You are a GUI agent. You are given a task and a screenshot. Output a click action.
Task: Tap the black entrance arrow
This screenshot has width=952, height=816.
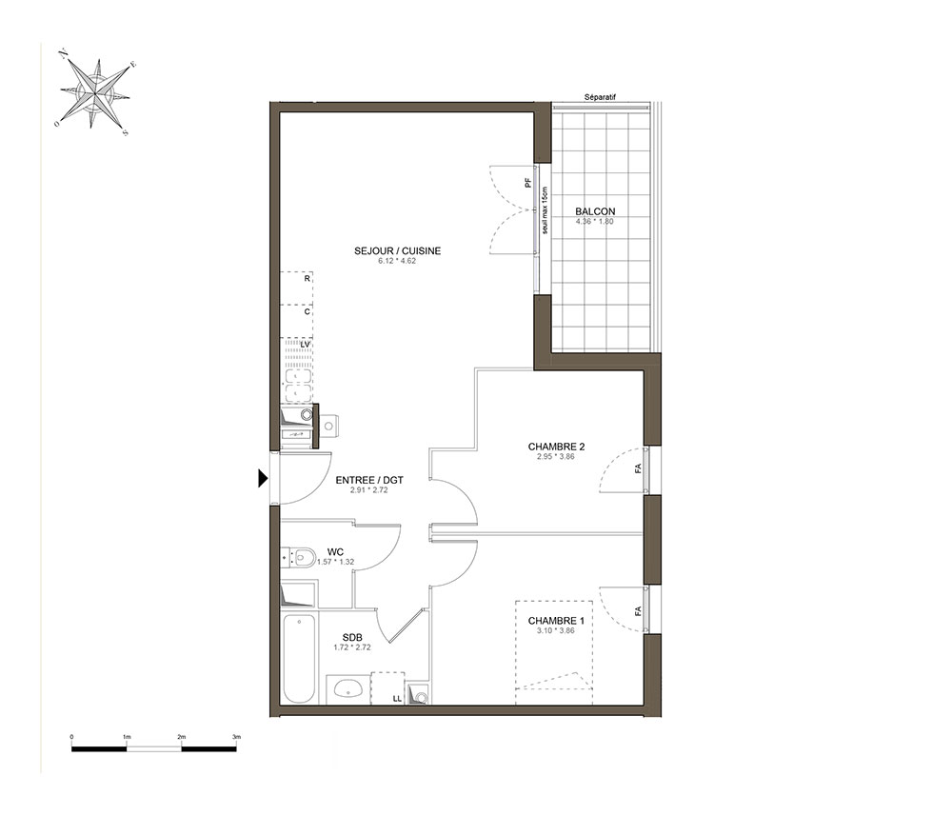(x=263, y=478)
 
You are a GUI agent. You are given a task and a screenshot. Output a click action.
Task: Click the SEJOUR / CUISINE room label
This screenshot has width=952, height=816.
(x=398, y=250)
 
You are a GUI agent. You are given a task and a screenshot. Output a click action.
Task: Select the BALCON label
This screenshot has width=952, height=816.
(x=595, y=211)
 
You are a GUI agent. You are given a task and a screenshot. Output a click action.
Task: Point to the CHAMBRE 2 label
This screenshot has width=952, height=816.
(x=556, y=447)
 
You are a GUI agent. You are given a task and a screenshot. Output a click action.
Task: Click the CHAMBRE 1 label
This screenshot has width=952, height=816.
(x=556, y=621)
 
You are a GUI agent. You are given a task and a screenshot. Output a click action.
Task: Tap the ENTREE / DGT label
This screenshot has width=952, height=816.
(x=369, y=480)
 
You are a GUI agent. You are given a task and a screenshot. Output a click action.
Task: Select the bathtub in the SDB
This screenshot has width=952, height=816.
(x=299, y=658)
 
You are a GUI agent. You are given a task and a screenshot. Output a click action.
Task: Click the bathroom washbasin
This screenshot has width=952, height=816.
(x=347, y=688)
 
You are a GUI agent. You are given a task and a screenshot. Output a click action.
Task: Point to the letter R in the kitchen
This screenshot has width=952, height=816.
(x=307, y=279)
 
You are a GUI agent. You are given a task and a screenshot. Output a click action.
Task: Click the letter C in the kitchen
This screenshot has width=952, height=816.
(x=307, y=311)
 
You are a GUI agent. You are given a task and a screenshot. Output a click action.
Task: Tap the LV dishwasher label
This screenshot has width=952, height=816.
(x=306, y=345)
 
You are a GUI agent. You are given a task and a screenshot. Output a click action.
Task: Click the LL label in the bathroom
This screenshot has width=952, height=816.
(x=397, y=698)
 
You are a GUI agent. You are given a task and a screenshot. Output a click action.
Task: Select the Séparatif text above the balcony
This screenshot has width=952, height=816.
(x=600, y=97)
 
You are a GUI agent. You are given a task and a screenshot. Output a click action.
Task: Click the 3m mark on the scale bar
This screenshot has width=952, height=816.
(x=237, y=736)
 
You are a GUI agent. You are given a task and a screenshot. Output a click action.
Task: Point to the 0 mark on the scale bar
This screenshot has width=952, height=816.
(x=71, y=736)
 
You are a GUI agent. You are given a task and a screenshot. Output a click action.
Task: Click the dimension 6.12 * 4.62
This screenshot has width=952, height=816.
(x=397, y=261)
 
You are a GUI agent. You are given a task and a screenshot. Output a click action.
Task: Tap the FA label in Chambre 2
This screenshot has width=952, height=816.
(x=638, y=468)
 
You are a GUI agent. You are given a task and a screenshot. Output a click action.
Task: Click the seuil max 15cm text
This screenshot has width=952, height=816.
(x=545, y=210)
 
